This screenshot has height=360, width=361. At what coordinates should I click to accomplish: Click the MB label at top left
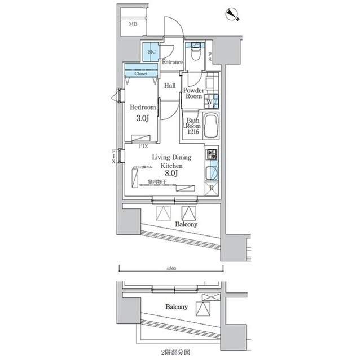pyautogui.click(x=133, y=24)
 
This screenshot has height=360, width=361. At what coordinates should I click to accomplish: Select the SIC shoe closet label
pyautogui.click(x=151, y=51)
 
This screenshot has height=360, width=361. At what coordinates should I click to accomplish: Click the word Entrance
pyautogui.click(x=172, y=62)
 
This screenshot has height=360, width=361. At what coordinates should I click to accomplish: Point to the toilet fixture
pyautogui.click(x=196, y=52)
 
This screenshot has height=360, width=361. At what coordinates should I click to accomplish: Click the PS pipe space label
pyautogui.click(x=210, y=55)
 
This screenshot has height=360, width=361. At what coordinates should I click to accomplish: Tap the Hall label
pyautogui.click(x=170, y=86)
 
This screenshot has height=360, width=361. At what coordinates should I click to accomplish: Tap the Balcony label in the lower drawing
pyautogui.click(x=177, y=308)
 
